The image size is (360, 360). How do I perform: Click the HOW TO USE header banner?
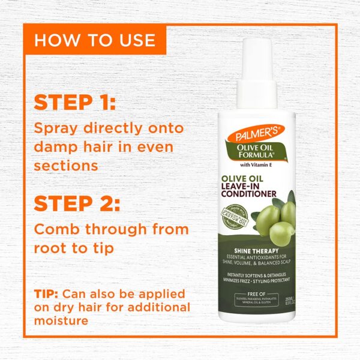95,40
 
